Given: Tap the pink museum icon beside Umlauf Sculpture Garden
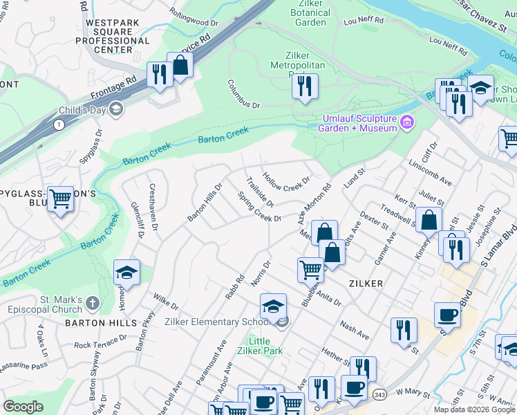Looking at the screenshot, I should [407, 123].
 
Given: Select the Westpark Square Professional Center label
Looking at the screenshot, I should [113, 36].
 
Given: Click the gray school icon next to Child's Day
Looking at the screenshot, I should [115, 109].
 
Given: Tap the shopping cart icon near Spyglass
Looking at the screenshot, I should [61, 199].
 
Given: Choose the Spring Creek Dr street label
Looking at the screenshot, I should [259, 207].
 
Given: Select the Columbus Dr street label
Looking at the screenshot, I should [243, 94].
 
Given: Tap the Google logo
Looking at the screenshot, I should [23, 407].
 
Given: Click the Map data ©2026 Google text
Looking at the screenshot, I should [474, 409].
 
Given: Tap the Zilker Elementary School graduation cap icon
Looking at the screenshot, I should [273, 304].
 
